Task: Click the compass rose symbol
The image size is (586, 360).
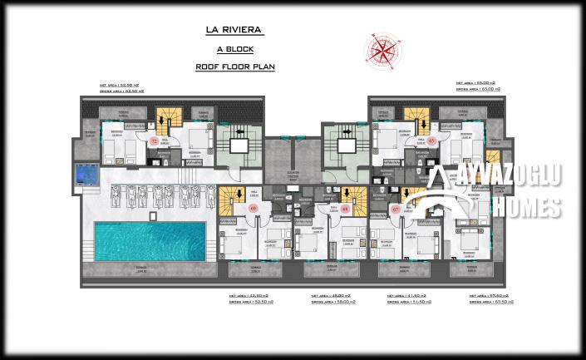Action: click(382, 49)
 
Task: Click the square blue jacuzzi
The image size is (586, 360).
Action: click(85, 175)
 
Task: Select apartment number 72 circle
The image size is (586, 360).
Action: click(154, 141)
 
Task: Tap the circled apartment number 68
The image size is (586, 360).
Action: click(344, 210)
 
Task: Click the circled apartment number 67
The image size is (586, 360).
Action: click(395, 210)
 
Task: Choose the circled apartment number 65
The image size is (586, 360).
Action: click(432, 141)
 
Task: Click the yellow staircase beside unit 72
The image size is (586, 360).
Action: click(170, 122)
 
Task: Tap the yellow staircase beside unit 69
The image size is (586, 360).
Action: click(229, 198)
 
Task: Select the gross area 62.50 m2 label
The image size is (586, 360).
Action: click(121, 90)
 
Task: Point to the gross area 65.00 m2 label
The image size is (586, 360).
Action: click(475, 90)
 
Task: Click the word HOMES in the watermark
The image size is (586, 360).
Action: click(524, 207)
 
